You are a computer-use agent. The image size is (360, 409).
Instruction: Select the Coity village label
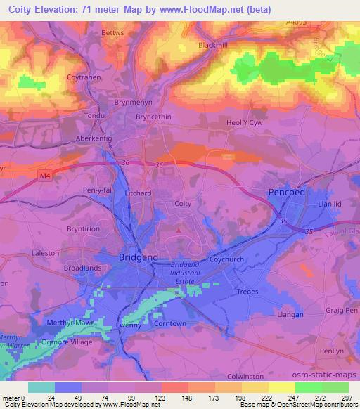[183, 204]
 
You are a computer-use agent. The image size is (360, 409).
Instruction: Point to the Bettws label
[112, 32]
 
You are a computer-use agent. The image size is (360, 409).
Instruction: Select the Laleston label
[46, 252]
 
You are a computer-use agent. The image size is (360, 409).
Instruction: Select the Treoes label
[247, 292]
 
